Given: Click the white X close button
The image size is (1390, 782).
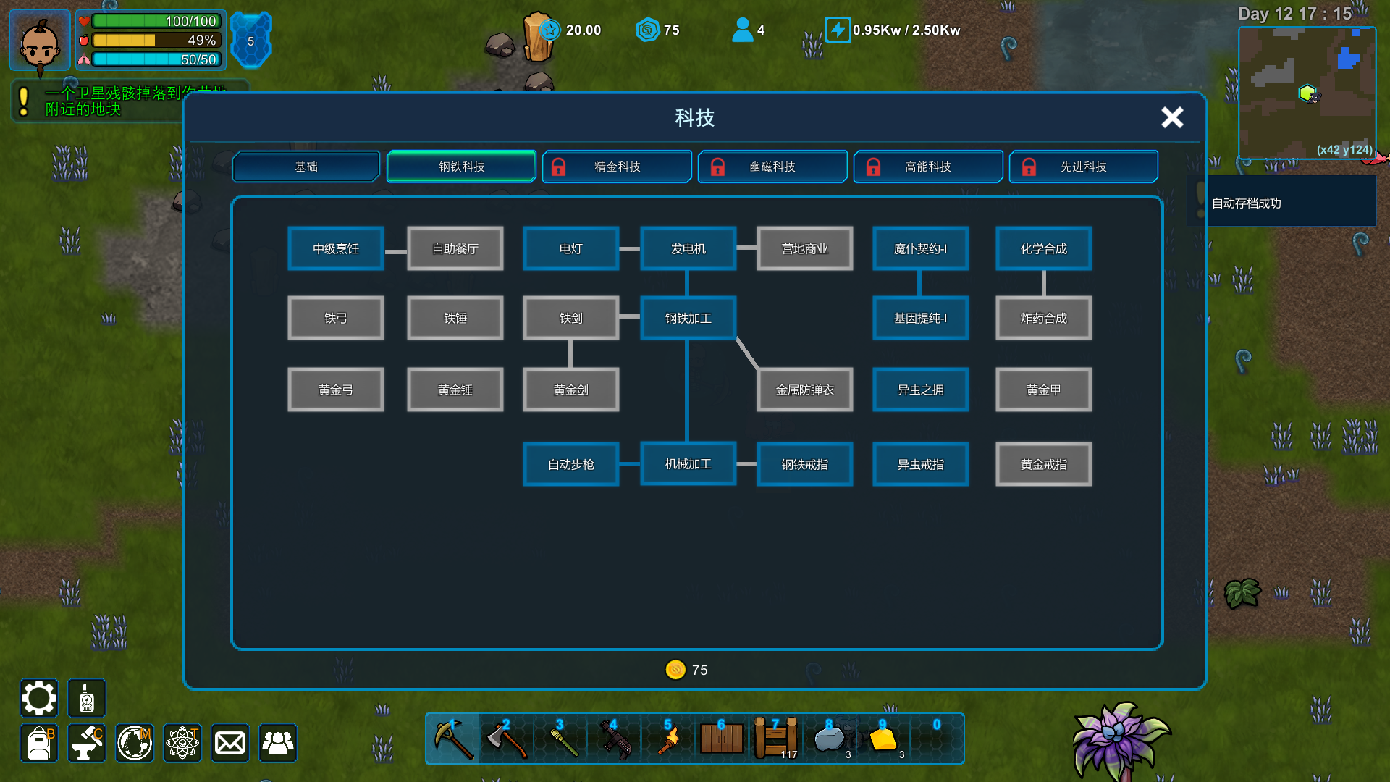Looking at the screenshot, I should [1172, 117].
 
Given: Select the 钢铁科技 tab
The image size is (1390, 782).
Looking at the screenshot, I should [461, 167].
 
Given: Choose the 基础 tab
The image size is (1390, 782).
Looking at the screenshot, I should [306, 167].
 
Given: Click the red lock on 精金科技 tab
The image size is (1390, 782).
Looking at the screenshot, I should [558, 167].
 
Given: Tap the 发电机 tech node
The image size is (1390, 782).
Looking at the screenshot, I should [688, 248].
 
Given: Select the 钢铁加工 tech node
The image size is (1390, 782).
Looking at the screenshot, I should [688, 318].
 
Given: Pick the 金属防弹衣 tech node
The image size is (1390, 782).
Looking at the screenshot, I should [804, 390].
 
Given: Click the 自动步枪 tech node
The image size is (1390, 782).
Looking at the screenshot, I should [570, 464].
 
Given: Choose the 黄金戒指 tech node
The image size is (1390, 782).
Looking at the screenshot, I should [1043, 464].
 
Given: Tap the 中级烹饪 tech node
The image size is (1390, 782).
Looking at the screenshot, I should [335, 248].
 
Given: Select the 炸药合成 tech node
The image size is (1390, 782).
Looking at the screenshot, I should [1043, 318].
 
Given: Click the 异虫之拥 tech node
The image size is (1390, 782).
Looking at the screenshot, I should [920, 390].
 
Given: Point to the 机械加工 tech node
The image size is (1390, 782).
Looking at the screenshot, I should [688, 463].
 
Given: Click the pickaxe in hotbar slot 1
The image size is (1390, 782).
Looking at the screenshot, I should [453, 739].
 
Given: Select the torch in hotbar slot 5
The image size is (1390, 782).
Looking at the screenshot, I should [667, 739].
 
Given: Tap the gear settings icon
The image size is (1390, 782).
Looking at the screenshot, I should [38, 698].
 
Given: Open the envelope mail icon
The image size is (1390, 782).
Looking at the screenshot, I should [230, 743].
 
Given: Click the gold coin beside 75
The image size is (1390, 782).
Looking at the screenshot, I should [675, 670].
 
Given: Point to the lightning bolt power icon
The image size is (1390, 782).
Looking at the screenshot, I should [838, 30].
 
